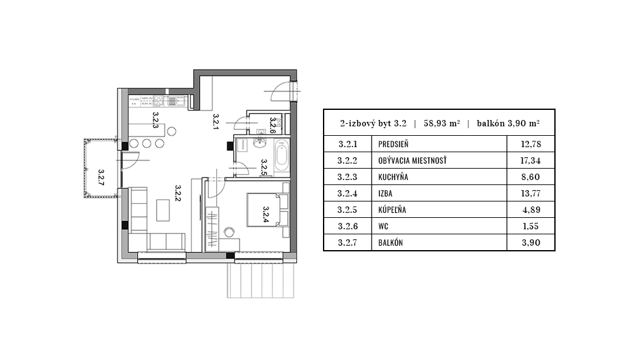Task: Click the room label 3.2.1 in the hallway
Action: [216, 121]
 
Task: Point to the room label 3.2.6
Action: [272, 126]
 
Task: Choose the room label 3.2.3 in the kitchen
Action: [155, 120]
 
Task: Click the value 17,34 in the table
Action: [531, 161]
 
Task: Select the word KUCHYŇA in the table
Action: [393, 177]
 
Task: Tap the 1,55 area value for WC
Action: [531, 226]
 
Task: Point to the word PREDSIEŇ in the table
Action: [394, 145]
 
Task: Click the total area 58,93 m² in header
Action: [441, 124]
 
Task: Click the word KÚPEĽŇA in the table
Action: [393, 210]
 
